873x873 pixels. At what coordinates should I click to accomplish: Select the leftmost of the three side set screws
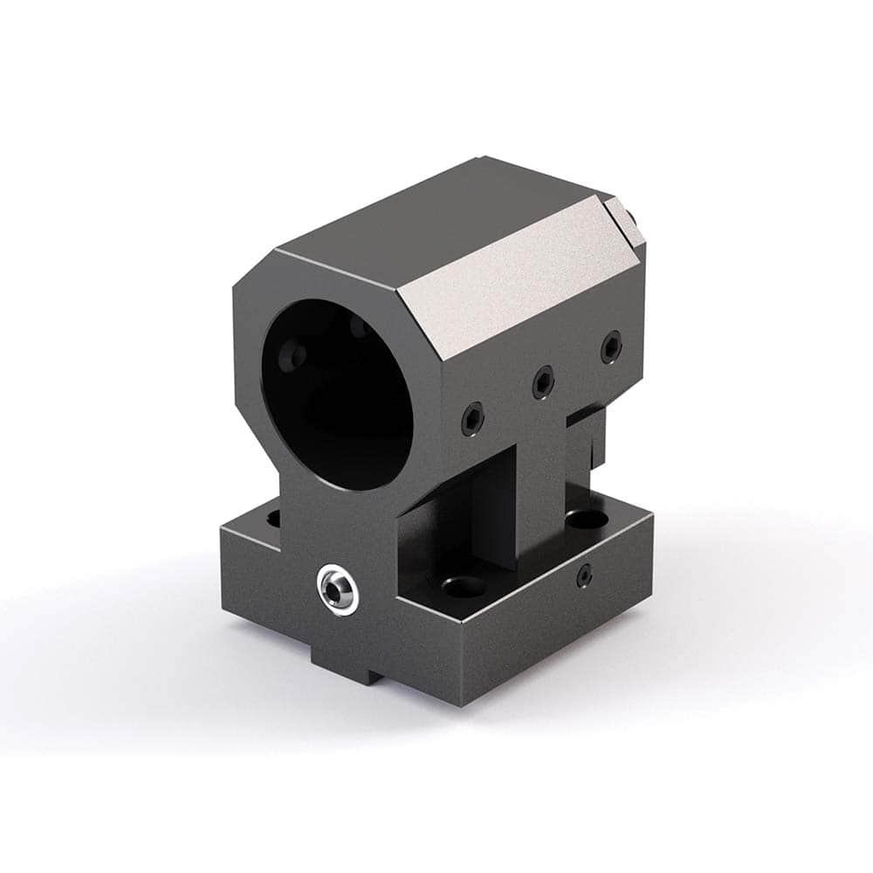coord(471,417)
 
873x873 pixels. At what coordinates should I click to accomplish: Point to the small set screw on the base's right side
coord(585,574)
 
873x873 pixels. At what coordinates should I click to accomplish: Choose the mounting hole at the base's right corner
coord(581,520)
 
